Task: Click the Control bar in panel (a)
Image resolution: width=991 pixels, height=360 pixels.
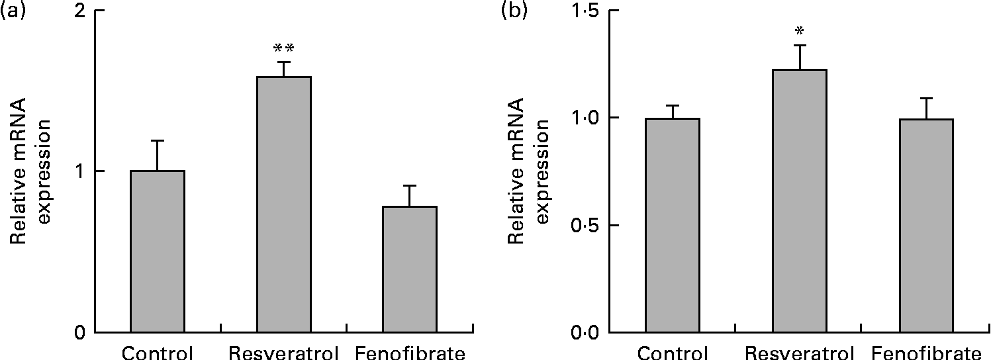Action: pyautogui.click(x=158, y=251)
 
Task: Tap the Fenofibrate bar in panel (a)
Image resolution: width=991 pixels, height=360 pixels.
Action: pyautogui.click(x=410, y=269)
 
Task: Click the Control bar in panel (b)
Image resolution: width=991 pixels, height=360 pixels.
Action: pyautogui.click(x=673, y=225)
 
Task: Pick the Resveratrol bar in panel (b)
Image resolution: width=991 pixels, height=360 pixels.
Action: pyautogui.click(x=799, y=201)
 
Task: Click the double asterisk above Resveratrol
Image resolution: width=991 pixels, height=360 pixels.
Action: pyautogui.click(x=283, y=48)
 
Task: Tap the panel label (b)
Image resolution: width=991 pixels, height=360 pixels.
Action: pyautogui.click(x=515, y=11)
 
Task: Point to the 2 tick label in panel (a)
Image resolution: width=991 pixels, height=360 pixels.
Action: pyautogui.click(x=81, y=12)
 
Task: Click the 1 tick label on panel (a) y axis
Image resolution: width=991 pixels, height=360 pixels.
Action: pyautogui.click(x=81, y=171)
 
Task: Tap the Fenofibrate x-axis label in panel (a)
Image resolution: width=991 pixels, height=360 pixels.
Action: pyautogui.click(x=410, y=352)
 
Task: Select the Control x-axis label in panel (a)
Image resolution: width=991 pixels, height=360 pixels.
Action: pyautogui.click(x=158, y=352)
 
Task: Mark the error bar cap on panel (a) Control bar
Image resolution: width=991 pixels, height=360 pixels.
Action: pyautogui.click(x=158, y=140)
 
